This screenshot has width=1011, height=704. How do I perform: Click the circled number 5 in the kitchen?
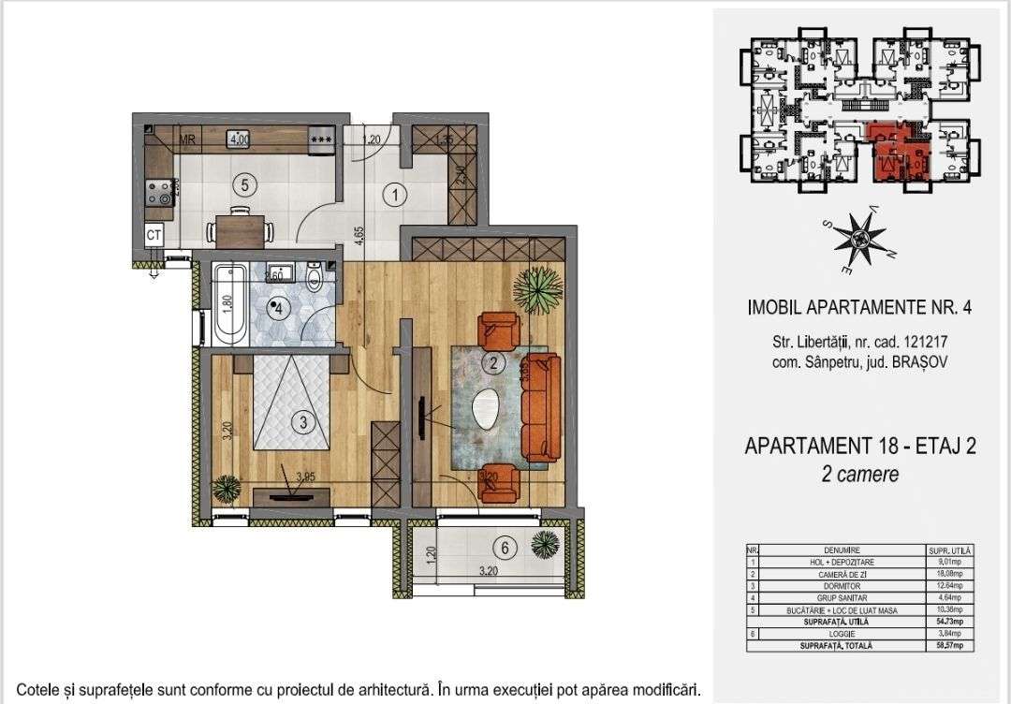click(243, 184)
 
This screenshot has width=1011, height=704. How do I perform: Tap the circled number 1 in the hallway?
click(396, 196)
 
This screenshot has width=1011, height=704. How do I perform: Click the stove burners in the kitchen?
click(157, 193)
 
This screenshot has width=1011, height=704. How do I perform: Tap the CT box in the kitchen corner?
click(154, 235)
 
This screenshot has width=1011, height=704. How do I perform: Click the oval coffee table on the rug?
click(487, 407)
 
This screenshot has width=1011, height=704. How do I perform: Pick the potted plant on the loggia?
click(544, 542)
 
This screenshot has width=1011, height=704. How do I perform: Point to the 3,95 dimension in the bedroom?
click(304, 477)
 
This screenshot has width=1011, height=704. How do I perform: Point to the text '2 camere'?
click(859, 475)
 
